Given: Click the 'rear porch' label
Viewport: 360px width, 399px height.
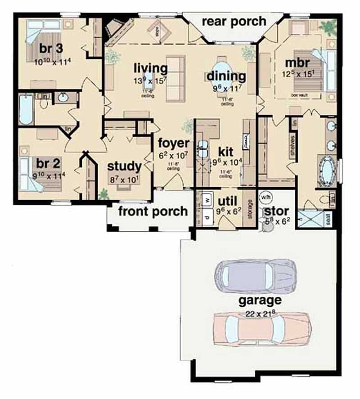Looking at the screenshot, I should (234, 22).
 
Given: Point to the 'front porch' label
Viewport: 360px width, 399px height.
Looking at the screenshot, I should (153, 211).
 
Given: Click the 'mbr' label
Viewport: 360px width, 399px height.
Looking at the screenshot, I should (296, 62).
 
